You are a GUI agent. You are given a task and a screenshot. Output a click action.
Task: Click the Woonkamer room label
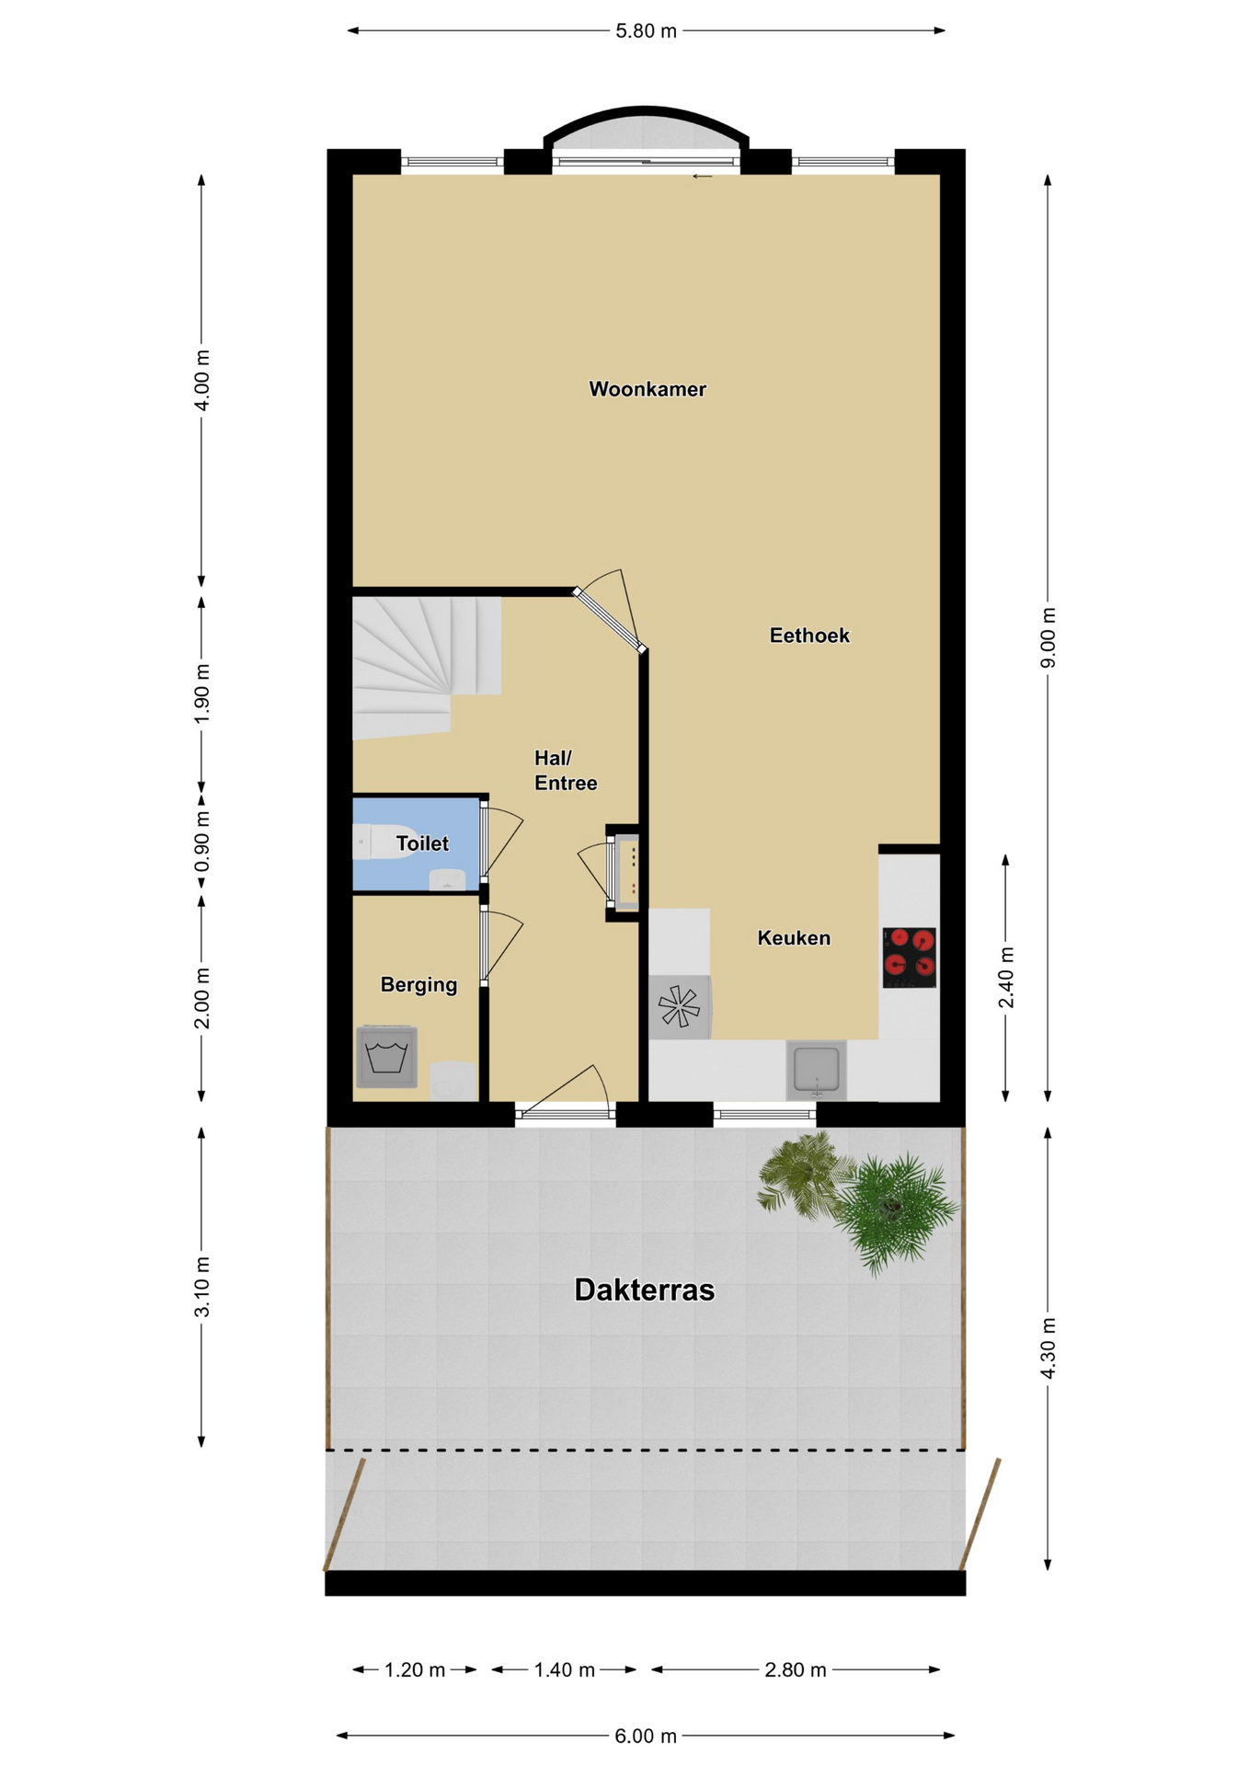tap(647, 389)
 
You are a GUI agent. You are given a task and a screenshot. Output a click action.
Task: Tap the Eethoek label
tap(809, 636)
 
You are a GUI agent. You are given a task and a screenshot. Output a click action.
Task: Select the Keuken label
tap(794, 938)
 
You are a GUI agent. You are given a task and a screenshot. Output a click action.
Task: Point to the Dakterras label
tap(644, 1290)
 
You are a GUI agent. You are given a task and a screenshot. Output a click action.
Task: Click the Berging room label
tap(418, 985)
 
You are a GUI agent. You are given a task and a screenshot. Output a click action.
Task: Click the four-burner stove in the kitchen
tap(910, 958)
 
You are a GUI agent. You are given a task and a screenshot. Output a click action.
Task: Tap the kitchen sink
tap(816, 1071)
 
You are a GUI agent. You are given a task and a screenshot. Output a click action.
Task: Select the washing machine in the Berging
tap(386, 1057)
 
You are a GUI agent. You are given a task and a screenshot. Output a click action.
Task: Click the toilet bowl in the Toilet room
tap(384, 842)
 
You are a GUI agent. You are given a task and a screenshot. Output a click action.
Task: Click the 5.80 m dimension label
tap(646, 31)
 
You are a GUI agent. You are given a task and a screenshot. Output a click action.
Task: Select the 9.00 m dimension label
tap(1048, 638)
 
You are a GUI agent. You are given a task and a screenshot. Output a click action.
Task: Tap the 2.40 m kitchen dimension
tap(1006, 977)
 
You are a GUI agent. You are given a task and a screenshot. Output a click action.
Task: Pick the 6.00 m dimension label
tap(646, 1736)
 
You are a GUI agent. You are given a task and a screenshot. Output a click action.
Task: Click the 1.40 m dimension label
tap(565, 1669)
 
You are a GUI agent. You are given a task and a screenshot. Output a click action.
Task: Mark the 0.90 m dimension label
tap(202, 841)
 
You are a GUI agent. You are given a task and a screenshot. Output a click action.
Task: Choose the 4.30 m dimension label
tap(1048, 1348)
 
